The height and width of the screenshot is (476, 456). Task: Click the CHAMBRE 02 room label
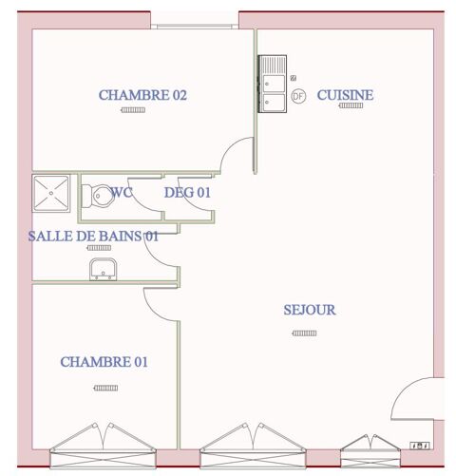click(x=142, y=95)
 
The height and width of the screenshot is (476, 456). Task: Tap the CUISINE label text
click(x=345, y=95)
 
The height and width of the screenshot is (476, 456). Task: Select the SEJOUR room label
click(x=310, y=310)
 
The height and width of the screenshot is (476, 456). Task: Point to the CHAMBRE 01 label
click(x=104, y=362)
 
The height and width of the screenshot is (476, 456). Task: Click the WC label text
click(x=122, y=193)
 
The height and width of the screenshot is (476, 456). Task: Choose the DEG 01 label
click(x=187, y=193)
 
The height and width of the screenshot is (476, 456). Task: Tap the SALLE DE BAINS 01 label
click(x=92, y=236)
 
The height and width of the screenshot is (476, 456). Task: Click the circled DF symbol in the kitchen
click(x=297, y=96)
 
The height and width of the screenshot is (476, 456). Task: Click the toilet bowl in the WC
click(x=95, y=198)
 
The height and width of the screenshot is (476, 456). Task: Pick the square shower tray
click(x=54, y=196)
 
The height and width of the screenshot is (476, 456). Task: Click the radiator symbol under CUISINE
click(x=351, y=106)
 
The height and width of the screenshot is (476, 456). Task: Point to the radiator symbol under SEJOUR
click(x=305, y=333)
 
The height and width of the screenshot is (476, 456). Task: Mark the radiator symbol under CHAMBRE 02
click(x=133, y=111)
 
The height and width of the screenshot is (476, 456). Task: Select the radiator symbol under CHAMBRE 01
click(x=105, y=388)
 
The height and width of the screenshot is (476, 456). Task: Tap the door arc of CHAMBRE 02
click(x=237, y=157)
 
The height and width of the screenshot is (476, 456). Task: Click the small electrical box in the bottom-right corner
click(x=418, y=444)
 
